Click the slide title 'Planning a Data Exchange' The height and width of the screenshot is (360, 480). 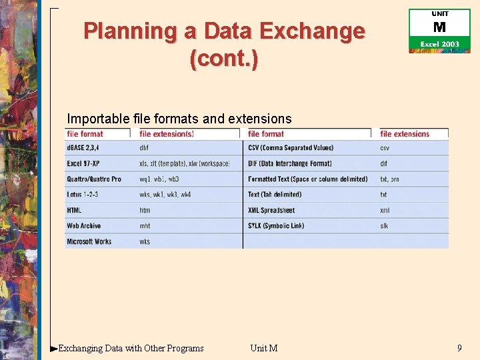point(224,31)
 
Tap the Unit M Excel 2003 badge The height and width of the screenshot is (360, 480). point(439,31)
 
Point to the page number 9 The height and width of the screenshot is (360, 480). point(459,347)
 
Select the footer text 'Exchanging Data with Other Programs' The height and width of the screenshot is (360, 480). point(131,348)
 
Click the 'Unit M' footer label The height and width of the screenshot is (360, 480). point(264,348)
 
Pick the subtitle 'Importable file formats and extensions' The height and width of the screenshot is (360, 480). point(179,119)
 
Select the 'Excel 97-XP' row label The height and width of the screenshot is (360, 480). point(83,163)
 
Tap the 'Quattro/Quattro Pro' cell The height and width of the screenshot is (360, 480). point(94,179)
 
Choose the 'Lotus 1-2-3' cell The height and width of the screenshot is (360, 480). point(83,195)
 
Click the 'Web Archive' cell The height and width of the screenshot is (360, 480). point(84,226)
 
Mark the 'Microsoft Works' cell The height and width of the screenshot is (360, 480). point(89,241)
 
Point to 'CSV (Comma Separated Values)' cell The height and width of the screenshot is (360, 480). point(291,148)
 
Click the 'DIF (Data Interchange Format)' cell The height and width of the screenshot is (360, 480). point(289,163)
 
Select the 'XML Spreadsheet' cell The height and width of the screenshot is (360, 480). point(271,210)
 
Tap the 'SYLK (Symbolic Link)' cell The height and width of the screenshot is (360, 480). point(276,226)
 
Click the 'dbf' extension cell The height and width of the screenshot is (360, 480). point(145,148)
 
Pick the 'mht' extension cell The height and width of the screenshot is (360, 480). point(145,226)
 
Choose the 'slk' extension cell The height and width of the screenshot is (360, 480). point(384,226)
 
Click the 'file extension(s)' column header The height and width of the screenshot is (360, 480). point(167,134)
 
